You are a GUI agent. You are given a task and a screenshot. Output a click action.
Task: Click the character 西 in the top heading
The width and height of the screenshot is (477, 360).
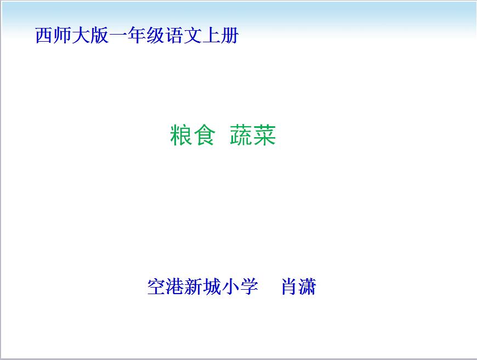pos(44,35)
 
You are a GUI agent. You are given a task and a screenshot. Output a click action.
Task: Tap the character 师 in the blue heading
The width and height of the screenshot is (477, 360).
pos(63,35)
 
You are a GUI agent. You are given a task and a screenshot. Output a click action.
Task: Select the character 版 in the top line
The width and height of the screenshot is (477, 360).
pos(99,35)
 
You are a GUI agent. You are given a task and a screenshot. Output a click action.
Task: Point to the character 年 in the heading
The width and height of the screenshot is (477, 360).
pos(137,35)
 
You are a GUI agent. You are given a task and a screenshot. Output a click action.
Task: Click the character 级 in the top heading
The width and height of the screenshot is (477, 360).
pos(155,35)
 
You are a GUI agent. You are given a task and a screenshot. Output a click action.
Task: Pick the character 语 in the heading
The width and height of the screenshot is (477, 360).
pos(174,35)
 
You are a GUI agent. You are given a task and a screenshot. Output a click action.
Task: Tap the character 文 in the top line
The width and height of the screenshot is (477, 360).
pos(192,35)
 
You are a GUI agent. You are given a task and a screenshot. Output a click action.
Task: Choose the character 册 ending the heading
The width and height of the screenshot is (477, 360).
pos(229,35)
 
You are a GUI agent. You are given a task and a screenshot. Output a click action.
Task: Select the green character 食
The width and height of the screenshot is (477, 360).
pos(204,135)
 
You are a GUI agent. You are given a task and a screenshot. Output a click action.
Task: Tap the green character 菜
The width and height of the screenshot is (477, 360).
pos(264,135)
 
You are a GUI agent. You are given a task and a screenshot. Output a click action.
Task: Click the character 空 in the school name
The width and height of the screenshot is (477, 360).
pos(156,286)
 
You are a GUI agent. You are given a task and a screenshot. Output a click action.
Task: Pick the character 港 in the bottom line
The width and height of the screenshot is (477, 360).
pos(175,286)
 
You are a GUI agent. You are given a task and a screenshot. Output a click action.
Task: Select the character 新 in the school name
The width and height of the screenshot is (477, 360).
pos(194,286)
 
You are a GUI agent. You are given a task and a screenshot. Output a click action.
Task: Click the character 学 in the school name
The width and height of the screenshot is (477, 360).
pos(249,286)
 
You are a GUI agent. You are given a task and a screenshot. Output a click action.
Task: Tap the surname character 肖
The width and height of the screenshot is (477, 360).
pos(289,286)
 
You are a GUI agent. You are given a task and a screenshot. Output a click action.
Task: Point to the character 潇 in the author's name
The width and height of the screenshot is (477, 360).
pos(308,286)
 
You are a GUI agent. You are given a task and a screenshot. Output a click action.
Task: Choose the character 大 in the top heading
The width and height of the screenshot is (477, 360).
pos(81,35)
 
